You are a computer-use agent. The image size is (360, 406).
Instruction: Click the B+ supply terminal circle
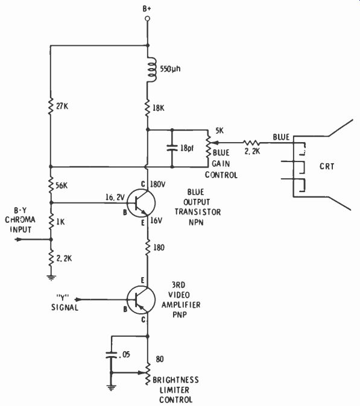click(x=148, y=19)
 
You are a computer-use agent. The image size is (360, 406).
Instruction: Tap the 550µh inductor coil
click(x=151, y=70)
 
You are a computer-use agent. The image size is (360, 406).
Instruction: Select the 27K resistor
click(x=51, y=106)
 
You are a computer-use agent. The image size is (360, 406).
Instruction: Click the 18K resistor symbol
click(x=148, y=108)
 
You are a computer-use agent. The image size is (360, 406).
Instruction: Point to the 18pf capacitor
click(x=172, y=148)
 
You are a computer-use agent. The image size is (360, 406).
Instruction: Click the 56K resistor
click(x=51, y=185)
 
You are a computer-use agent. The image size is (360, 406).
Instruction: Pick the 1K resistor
click(x=51, y=222)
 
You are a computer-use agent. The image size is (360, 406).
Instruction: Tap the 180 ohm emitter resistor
click(x=148, y=248)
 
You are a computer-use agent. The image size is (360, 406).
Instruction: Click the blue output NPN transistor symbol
click(x=141, y=203)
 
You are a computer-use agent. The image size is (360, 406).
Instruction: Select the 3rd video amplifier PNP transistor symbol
click(x=141, y=299)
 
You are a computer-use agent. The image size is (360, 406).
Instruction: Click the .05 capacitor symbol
click(x=112, y=355)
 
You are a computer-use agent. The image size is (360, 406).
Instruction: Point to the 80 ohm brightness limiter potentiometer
click(x=148, y=373)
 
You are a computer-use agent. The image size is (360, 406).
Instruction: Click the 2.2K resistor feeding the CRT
click(x=251, y=143)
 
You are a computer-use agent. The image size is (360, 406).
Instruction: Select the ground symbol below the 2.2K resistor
click(x=51, y=278)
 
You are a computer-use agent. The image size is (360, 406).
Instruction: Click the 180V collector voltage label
click(x=157, y=184)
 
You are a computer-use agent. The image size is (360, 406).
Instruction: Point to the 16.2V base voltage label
click(x=115, y=198)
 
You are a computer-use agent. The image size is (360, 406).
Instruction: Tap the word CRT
click(x=327, y=166)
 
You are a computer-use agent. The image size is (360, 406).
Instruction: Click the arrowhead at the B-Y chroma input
click(x=19, y=239)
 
